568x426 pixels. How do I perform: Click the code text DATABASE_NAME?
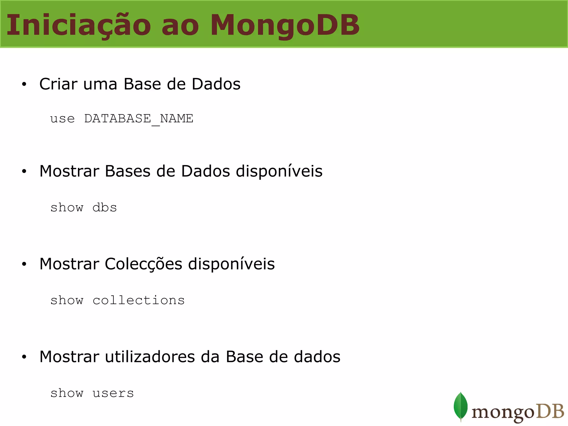[x=139, y=119]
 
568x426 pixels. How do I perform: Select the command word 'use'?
[x=62, y=119]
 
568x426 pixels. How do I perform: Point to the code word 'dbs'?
[x=105, y=207]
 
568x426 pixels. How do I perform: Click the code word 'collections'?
[x=138, y=300]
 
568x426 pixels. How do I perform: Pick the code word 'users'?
[x=113, y=393]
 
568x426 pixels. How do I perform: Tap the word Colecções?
[x=143, y=264]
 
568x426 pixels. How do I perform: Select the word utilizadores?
[x=150, y=357]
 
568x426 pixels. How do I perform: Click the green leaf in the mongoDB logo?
[x=460, y=406]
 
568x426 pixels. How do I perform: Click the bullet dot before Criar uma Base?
[x=24, y=84]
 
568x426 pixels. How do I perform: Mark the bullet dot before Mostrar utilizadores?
[x=24, y=357]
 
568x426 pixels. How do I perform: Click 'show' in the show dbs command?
[x=67, y=207]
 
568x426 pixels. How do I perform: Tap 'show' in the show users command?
[x=67, y=393]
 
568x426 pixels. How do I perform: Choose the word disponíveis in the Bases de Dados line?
[x=279, y=171]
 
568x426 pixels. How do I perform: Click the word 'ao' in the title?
[x=180, y=26]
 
